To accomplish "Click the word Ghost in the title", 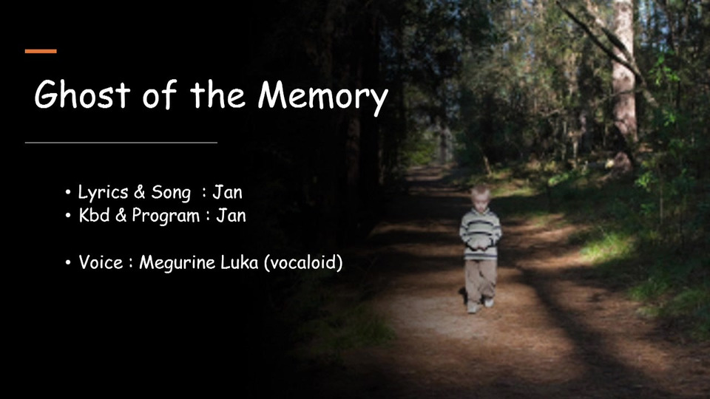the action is pyautogui.click(x=82, y=94).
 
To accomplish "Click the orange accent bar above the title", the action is pyautogui.click(x=41, y=51).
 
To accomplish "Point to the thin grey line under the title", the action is pyautogui.click(x=121, y=143).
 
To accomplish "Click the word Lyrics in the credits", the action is pyautogui.click(x=103, y=193).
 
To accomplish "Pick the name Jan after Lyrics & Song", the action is pyautogui.click(x=227, y=192).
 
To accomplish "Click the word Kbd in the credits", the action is pyautogui.click(x=94, y=215).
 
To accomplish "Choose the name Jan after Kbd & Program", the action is pyautogui.click(x=231, y=215).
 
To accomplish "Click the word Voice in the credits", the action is pyautogui.click(x=101, y=262).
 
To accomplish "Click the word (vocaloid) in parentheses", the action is pyautogui.click(x=303, y=262).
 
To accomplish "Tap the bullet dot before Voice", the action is pyautogui.click(x=68, y=262).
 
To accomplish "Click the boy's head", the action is pyautogui.click(x=479, y=197).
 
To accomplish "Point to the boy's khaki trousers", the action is pyautogui.click(x=479, y=282).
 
